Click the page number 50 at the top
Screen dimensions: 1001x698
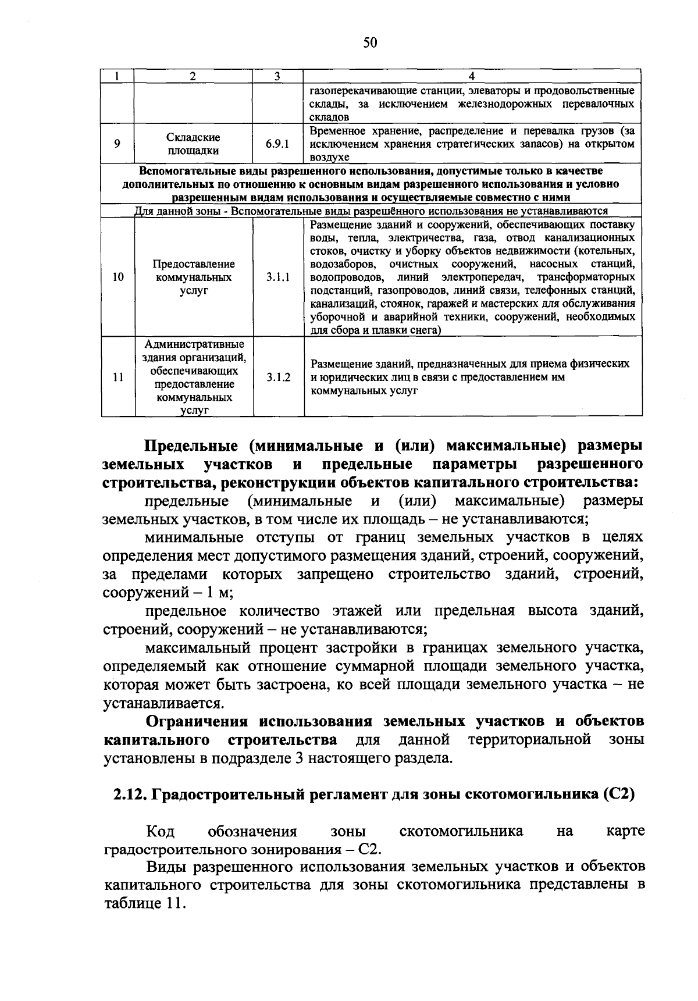pos(370,42)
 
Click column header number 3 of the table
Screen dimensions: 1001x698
pos(277,76)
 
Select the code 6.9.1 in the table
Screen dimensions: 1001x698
pos(278,144)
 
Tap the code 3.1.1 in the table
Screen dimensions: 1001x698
pos(278,277)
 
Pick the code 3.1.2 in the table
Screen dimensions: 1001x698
pos(278,377)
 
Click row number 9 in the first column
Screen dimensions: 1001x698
pos(117,144)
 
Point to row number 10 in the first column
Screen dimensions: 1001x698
pos(118,277)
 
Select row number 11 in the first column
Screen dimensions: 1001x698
pos(118,377)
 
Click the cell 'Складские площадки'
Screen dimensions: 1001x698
pos(194,144)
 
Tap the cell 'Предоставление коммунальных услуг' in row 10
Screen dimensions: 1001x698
pos(194,277)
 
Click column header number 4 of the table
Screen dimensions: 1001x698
pos(472,76)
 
